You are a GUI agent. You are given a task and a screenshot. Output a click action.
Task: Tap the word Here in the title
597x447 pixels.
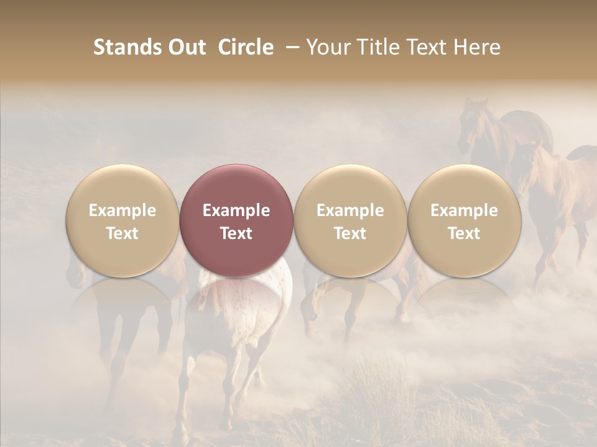coord(477,47)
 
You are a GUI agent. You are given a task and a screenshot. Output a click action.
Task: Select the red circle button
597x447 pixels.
coord(236,220)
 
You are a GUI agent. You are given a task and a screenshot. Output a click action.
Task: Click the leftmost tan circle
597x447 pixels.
coord(123,220)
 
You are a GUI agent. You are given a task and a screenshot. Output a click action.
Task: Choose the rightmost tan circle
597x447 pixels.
coord(464,220)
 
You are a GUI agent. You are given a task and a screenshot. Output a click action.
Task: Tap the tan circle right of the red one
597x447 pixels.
coord(350,220)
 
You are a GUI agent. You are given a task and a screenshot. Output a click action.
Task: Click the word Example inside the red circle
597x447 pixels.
coord(236,210)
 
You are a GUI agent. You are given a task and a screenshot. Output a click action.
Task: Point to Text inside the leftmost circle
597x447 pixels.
coord(123,233)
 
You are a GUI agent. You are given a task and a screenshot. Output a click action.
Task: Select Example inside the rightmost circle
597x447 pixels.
coord(464,210)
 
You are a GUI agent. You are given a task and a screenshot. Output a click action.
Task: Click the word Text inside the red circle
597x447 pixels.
coord(236,233)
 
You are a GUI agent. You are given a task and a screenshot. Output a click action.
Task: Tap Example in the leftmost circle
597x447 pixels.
coord(123,210)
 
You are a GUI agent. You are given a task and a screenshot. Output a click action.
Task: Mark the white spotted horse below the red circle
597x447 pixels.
coord(249,304)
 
